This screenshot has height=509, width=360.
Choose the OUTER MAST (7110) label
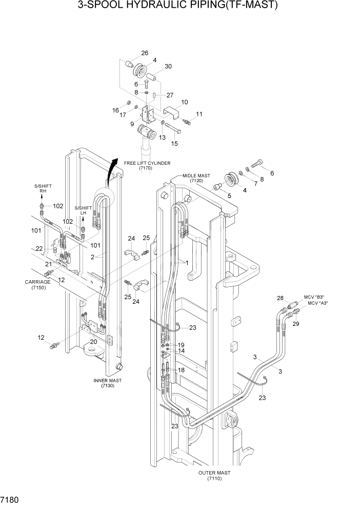(x=214, y=475)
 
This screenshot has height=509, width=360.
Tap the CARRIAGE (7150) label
(x=37, y=285)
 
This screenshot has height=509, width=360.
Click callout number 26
(x=145, y=53)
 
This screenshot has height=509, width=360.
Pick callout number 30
(x=168, y=66)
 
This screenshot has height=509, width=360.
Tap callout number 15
(x=174, y=143)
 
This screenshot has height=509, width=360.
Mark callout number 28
(x=280, y=298)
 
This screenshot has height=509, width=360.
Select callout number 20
(x=93, y=342)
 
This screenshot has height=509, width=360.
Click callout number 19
(x=181, y=345)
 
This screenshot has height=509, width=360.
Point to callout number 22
(x=39, y=248)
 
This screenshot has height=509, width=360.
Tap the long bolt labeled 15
(x=173, y=126)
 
